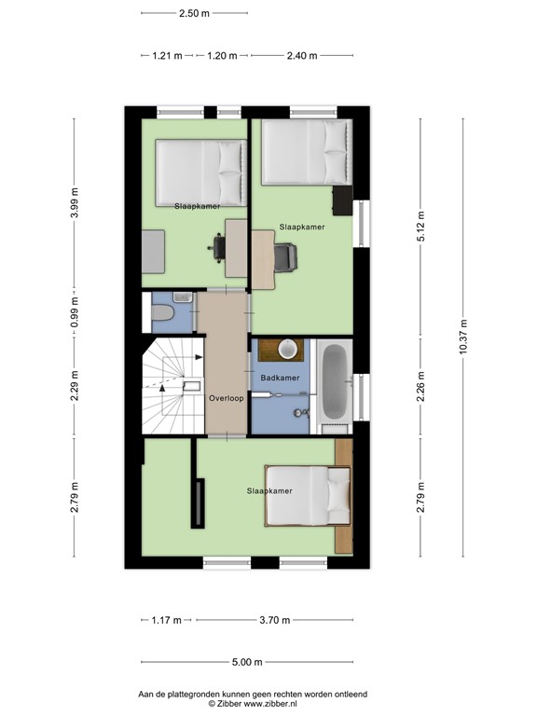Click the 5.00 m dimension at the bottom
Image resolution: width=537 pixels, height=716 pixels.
pyautogui.click(x=246, y=663)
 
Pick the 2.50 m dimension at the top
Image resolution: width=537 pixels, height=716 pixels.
pyautogui.click(x=195, y=14)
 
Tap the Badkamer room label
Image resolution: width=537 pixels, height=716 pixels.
pyautogui.click(x=280, y=379)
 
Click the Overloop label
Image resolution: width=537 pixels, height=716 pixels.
pyautogui.click(x=226, y=397)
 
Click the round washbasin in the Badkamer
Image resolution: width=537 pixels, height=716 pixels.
pyautogui.click(x=288, y=349)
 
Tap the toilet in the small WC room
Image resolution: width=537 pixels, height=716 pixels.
pyautogui.click(x=163, y=313)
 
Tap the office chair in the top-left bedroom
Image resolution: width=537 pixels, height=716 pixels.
pyautogui.click(x=220, y=245)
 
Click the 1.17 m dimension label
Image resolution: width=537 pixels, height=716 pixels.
pyautogui.click(x=167, y=620)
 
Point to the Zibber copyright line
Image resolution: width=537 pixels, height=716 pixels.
pyautogui.click(x=253, y=705)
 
